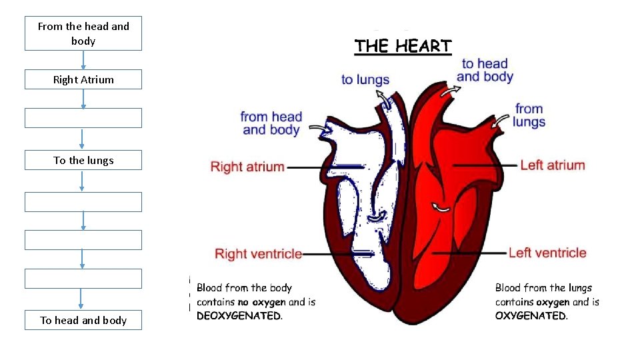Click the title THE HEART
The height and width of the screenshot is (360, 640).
pyautogui.click(x=403, y=46)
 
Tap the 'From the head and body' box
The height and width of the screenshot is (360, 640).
pyautogui.click(x=83, y=33)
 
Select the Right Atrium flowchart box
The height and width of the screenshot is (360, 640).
pyautogui.click(x=83, y=79)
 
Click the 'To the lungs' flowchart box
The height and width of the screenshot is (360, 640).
pyautogui.click(x=83, y=160)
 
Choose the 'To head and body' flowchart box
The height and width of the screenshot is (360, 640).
pyautogui.click(x=83, y=320)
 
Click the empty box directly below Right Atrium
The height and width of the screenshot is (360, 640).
pyautogui.click(x=83, y=118)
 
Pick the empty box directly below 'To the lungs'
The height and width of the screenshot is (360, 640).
pyautogui.click(x=83, y=202)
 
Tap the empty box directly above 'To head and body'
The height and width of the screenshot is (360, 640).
pyautogui.click(x=83, y=279)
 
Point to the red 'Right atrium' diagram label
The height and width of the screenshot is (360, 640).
pyautogui.click(x=247, y=167)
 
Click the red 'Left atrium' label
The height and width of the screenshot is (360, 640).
pyautogui.click(x=552, y=165)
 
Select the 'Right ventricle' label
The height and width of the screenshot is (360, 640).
pyautogui.click(x=258, y=254)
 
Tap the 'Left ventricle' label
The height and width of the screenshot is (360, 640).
pyautogui.click(x=547, y=253)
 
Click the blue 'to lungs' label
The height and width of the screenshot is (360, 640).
pyautogui.click(x=365, y=79)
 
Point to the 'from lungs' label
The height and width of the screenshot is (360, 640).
pyautogui.click(x=529, y=115)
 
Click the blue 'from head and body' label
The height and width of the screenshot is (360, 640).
pyautogui.click(x=271, y=123)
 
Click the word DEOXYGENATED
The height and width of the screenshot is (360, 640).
pyautogui.click(x=239, y=316)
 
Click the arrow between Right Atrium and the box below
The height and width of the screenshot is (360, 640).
pyautogui.click(x=83, y=99)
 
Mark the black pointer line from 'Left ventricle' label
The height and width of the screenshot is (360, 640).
pyautogui.click(x=469, y=253)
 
